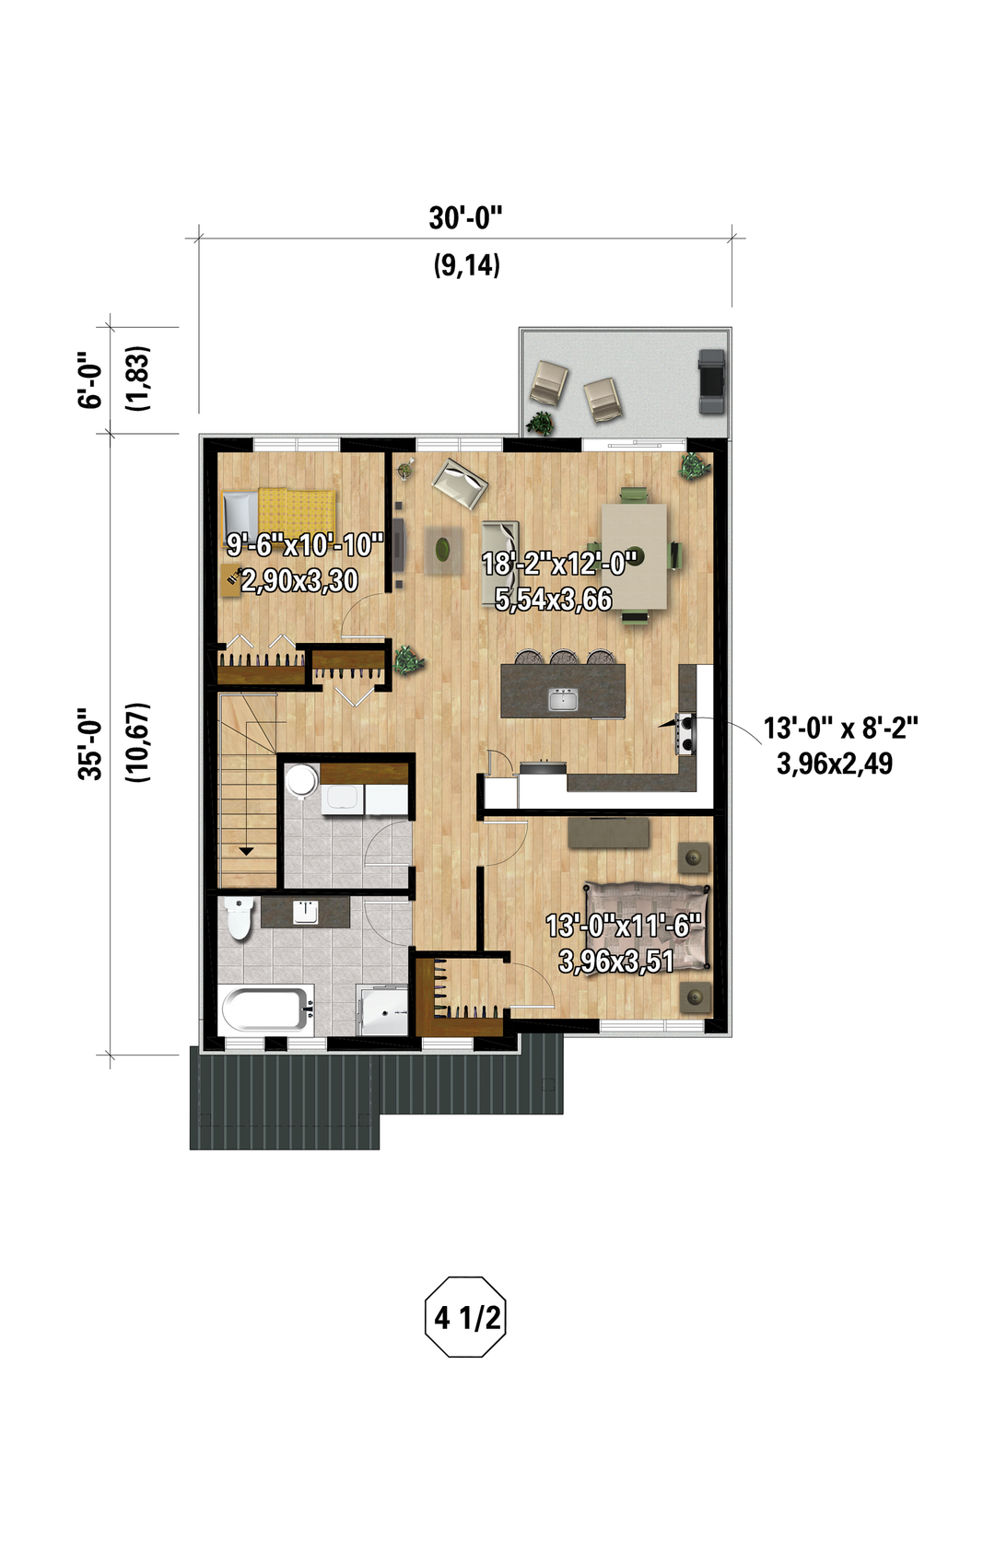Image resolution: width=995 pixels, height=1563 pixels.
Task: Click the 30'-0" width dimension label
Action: pos(465,218)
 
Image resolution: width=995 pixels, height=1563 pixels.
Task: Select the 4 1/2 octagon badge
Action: pos(465,1317)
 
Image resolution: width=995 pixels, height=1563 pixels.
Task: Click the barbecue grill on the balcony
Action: pos(712,381)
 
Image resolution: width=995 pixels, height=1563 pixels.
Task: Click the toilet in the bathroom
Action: pos(239,918)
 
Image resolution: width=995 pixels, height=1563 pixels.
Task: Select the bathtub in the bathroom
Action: pos(265,1008)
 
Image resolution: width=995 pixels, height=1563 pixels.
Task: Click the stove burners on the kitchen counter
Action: pos(685,733)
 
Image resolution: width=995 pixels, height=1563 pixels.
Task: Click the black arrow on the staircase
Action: pos(246,851)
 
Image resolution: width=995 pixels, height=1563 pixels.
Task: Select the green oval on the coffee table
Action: pos(443,548)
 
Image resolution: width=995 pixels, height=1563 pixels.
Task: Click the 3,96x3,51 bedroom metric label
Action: pos(616,962)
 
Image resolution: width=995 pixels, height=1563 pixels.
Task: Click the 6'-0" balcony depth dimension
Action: pos(90,379)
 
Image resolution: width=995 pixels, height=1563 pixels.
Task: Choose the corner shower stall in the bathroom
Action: pos(382,1010)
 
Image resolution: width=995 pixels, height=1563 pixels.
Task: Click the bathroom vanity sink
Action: pos(305,911)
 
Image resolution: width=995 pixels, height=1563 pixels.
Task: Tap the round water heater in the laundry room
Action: pos(301,778)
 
